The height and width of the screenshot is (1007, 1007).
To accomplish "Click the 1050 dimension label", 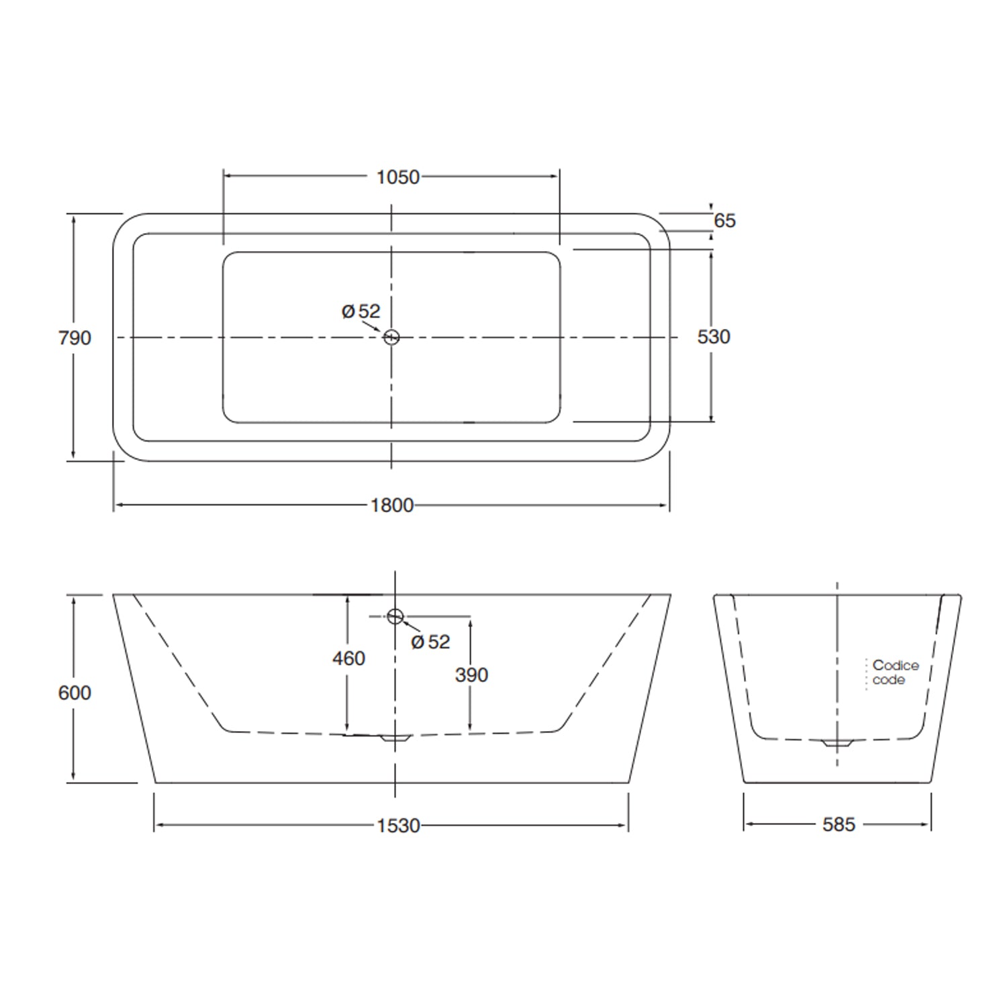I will [x=397, y=177].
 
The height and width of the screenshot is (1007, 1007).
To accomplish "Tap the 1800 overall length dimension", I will [x=392, y=505].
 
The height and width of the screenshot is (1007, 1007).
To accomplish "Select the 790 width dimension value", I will [x=75, y=338].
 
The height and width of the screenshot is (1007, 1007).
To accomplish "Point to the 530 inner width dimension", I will [x=713, y=336].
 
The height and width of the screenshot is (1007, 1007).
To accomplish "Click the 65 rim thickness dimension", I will [x=724, y=220].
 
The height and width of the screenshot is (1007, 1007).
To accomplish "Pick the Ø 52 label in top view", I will [x=361, y=311].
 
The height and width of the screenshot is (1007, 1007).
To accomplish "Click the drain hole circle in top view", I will [x=391, y=337].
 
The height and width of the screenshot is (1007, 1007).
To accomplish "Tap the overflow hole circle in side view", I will [x=395, y=616].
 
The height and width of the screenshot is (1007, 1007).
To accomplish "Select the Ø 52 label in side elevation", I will [x=430, y=642].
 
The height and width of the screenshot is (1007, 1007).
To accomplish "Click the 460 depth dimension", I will [x=348, y=658].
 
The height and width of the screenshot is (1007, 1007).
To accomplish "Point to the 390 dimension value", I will [x=471, y=675].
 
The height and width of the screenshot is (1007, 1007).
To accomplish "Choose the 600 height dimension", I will [x=75, y=692].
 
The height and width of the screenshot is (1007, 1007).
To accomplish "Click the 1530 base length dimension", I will [x=398, y=825].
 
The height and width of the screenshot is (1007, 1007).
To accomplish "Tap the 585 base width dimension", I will [x=838, y=824].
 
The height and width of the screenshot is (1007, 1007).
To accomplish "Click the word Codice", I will [x=896, y=665].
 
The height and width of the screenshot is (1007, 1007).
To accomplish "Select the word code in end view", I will [x=889, y=680].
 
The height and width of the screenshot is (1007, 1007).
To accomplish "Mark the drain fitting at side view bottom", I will [x=395, y=737].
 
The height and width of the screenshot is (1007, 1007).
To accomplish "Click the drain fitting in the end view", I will [x=836, y=743].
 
